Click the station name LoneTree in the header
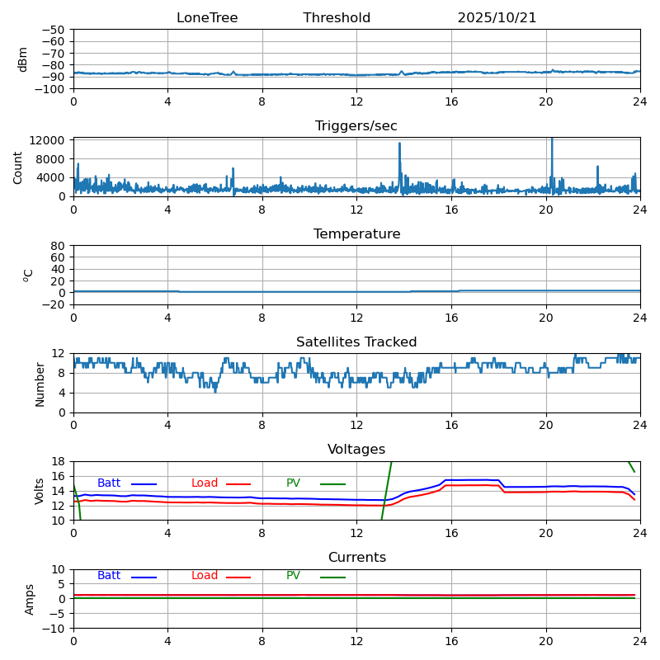click(206, 18)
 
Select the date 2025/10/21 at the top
click(497, 18)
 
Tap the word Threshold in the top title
click(337, 18)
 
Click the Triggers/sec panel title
click(356, 126)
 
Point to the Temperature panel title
click(356, 234)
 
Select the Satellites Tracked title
click(356, 342)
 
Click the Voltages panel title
click(356, 450)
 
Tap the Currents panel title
click(356, 558)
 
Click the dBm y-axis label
click(23, 59)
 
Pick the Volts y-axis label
click(40, 491)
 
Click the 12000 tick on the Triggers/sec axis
click(49, 141)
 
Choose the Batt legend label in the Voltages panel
click(109, 483)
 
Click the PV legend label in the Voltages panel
click(293, 483)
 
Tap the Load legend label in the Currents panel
click(205, 576)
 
